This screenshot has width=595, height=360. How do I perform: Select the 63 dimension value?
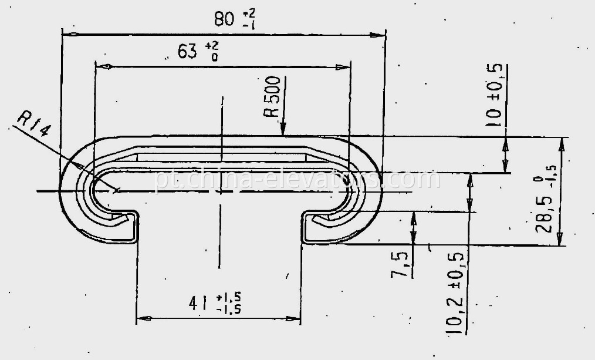click(187, 52)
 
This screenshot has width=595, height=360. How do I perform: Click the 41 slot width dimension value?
click(199, 303)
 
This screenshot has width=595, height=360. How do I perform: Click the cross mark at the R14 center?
click(117, 190)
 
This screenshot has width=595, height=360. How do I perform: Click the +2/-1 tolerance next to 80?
click(249, 20)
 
